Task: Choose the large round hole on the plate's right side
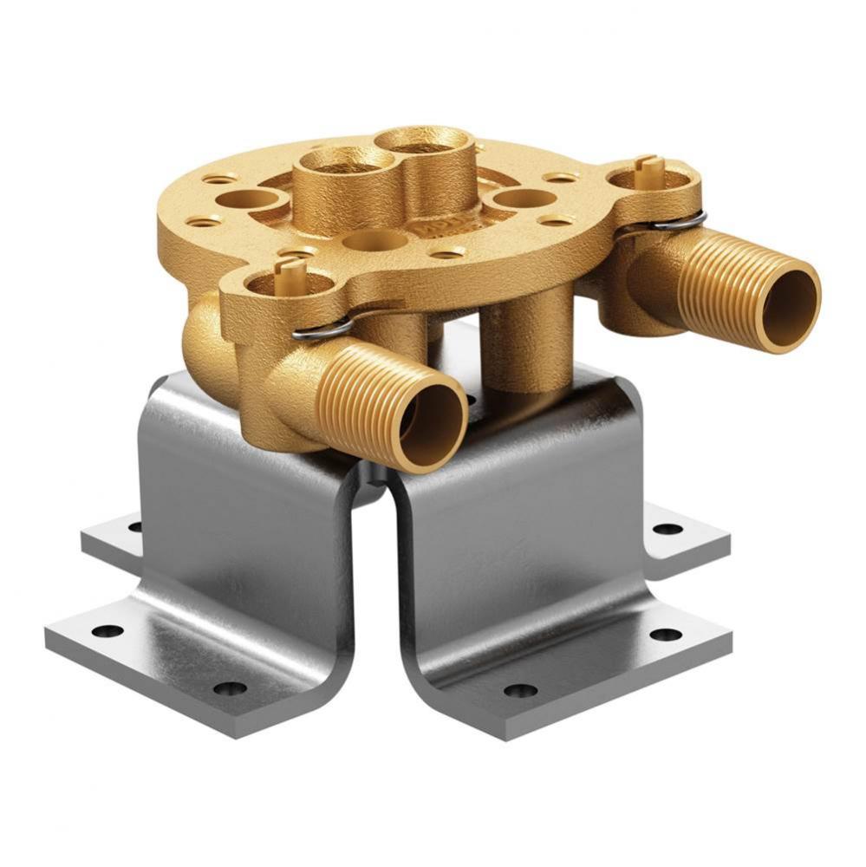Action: click(523, 199)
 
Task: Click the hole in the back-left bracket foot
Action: click(134, 525)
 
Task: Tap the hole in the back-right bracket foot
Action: click(667, 528)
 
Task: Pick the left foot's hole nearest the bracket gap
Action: click(231, 688)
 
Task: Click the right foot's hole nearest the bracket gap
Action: click(520, 691)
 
